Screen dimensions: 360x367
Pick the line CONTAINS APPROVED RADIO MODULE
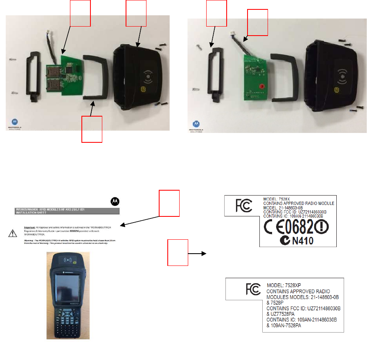298,203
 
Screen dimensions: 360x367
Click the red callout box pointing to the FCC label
178,252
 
